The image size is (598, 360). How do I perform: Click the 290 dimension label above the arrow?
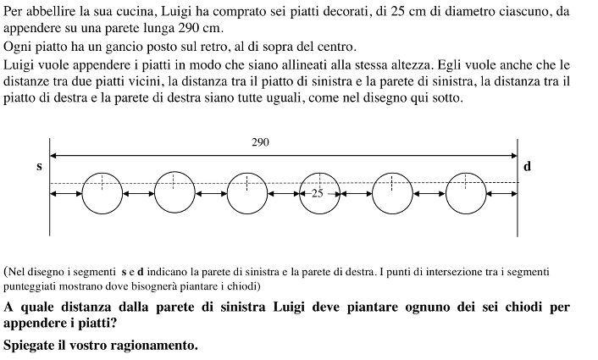[260, 143]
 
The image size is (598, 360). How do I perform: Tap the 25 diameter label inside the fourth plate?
[317, 193]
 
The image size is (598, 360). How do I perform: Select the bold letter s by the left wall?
[39, 166]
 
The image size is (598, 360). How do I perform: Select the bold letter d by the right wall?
[527, 166]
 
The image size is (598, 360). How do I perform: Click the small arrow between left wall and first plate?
[66, 194]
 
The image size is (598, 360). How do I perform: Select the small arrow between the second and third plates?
[211, 194]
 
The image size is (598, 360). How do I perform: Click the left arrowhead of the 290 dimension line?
[53, 155]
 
